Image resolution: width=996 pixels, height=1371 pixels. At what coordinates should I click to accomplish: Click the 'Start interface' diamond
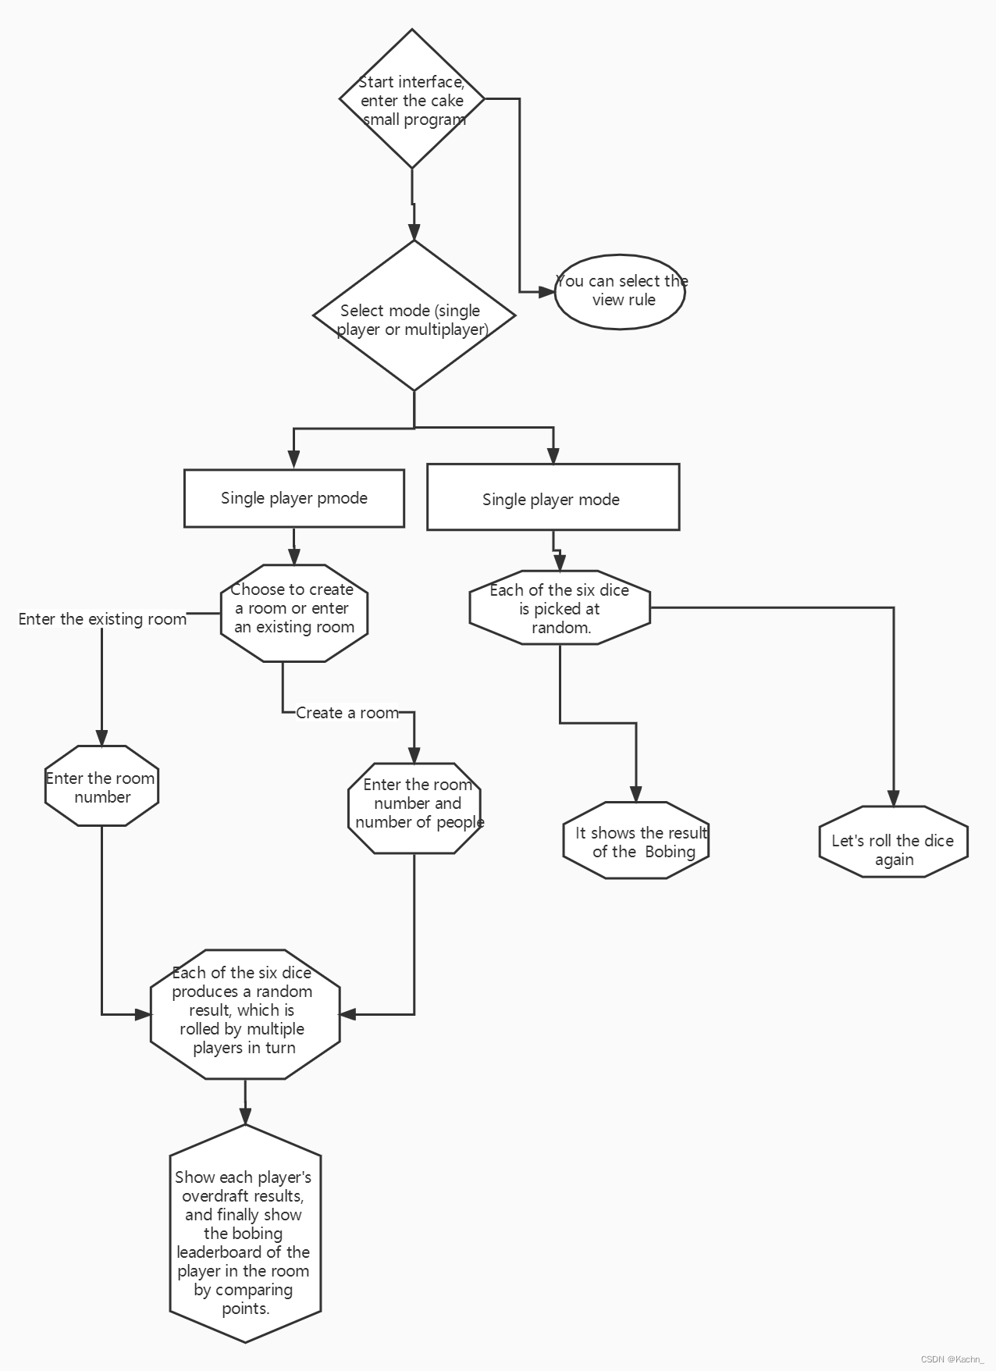coord(412,99)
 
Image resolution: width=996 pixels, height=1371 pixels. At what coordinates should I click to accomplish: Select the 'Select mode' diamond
coord(414,315)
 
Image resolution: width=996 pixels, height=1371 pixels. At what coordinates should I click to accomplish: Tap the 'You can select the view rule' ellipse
coord(621,291)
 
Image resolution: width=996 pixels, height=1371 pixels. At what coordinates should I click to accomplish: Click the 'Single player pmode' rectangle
coord(293,498)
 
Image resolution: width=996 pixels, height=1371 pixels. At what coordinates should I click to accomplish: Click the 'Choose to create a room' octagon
coord(293,613)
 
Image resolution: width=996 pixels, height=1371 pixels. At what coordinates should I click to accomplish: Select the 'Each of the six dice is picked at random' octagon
coord(560,607)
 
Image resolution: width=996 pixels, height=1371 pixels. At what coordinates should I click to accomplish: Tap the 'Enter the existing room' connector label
coord(102,619)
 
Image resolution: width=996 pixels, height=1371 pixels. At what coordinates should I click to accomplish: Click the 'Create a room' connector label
coord(347,712)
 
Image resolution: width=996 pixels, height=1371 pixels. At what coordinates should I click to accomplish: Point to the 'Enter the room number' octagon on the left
coord(101,786)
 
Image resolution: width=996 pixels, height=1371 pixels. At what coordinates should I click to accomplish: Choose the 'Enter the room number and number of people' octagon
coord(414,808)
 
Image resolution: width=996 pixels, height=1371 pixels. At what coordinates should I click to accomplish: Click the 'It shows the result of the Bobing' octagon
coord(636,841)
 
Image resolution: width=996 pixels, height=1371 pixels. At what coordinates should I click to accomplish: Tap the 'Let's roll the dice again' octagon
coord(893,842)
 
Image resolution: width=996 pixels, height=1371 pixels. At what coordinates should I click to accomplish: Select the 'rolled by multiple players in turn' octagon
coord(245,1014)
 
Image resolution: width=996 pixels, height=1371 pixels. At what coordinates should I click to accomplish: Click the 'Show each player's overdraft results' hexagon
coord(245,1234)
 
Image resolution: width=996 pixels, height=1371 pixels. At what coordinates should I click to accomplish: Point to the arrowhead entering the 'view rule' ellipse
coord(547,292)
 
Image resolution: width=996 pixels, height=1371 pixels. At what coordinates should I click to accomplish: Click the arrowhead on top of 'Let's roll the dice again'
coord(893,798)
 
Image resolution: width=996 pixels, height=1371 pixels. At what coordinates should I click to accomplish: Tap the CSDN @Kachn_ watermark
coord(952,1359)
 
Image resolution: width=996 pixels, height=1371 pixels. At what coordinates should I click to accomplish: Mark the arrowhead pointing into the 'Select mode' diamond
coord(414,232)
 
